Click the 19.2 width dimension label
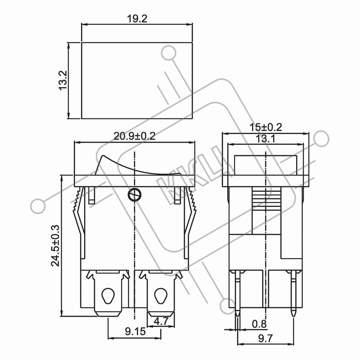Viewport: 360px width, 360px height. [137, 19]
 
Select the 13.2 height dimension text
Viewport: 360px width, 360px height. [63, 81]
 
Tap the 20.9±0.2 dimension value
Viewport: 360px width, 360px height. [135, 136]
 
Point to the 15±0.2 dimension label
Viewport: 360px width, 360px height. [265, 127]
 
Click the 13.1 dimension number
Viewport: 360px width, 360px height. [265, 139]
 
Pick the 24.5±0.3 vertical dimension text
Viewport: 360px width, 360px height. [55, 245]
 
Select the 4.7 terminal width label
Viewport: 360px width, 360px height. [161, 321]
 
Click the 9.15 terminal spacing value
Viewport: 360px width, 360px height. [135, 331]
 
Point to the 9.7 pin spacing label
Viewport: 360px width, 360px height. [265, 339]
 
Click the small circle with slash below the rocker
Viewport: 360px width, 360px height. [134, 195]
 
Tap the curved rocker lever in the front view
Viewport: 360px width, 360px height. [138, 166]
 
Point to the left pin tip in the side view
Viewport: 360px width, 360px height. [238, 316]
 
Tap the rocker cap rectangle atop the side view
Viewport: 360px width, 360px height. [265, 165]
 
